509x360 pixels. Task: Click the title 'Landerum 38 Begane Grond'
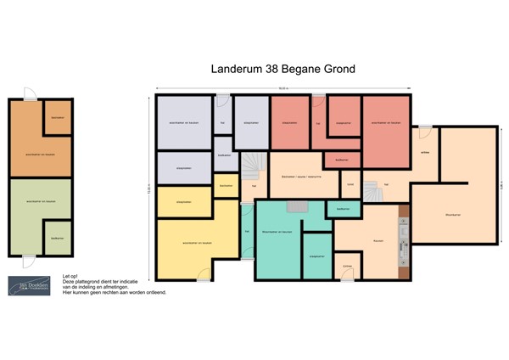pyautogui.click(x=282, y=69)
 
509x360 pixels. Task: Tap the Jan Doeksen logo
pyautogui.click(x=26, y=286)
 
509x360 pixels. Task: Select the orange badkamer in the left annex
pyautogui.click(x=58, y=118)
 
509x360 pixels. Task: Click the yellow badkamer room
pyautogui.click(x=226, y=185)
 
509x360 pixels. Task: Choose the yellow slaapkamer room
pyautogui.click(x=183, y=201)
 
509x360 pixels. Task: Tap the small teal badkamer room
pyautogui.click(x=344, y=208)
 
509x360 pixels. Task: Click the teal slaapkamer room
pyautogui.click(x=317, y=256)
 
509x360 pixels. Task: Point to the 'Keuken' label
pyautogui.click(x=378, y=241)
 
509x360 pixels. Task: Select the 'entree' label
pyautogui.click(x=424, y=153)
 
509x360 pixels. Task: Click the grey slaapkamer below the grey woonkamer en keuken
pyautogui.click(x=183, y=168)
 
